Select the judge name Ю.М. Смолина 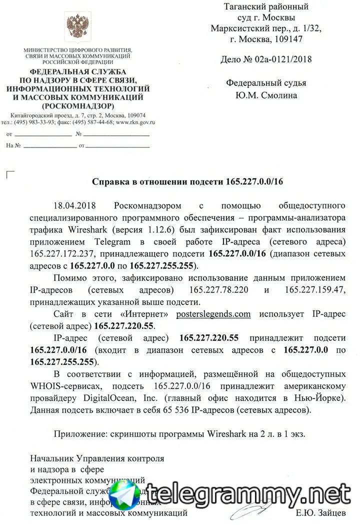(x=266, y=95)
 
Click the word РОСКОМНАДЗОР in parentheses (x=78, y=106)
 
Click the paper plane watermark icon (x=125, y=494)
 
